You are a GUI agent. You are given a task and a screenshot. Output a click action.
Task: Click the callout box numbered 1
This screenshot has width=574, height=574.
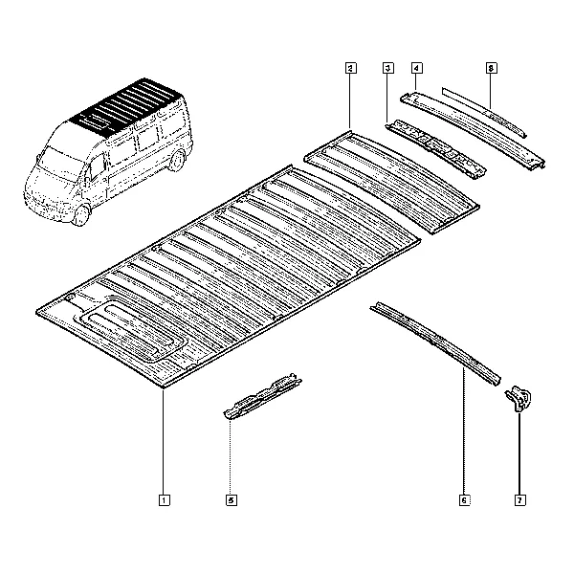click(164, 500)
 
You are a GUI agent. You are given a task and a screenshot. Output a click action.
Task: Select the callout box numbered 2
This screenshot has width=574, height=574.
click(350, 68)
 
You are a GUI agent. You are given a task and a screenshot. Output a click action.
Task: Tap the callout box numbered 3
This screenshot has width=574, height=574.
click(388, 68)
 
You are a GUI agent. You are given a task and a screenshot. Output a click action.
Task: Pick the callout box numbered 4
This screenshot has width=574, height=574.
click(416, 68)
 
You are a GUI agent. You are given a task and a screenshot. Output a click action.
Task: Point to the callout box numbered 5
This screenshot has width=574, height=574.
click(232, 500)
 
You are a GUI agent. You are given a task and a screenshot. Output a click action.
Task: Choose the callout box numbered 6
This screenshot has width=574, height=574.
click(465, 500)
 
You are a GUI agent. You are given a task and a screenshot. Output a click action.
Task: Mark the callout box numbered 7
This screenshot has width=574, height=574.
click(519, 500)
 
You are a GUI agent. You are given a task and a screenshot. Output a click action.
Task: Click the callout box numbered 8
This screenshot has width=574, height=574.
click(492, 68)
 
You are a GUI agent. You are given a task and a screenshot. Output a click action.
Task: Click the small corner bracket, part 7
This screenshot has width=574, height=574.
click(519, 399)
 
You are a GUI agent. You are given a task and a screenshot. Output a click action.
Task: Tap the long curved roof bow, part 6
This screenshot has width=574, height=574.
click(435, 342)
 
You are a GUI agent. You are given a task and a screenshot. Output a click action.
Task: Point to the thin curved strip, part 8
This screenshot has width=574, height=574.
click(484, 112)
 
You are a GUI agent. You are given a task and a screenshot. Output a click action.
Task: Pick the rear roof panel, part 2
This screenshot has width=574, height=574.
click(391, 182)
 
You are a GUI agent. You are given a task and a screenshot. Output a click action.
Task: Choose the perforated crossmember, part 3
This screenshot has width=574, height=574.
click(435, 149)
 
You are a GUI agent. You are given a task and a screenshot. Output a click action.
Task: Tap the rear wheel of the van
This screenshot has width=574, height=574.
click(177, 161)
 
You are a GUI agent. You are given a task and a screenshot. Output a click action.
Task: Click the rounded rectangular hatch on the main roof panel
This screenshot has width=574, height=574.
click(131, 332)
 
